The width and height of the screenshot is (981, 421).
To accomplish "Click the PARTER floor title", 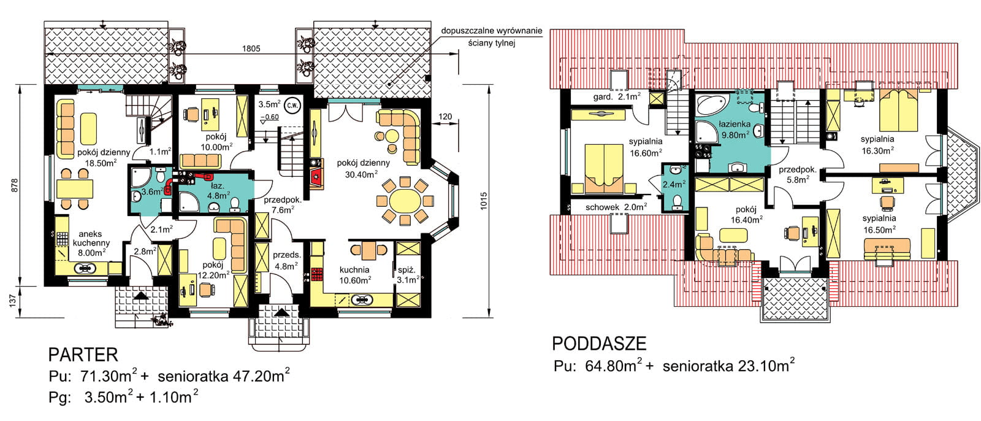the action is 83,354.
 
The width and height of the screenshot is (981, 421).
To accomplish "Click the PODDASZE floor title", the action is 599,344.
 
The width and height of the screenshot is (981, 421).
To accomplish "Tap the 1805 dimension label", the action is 251,48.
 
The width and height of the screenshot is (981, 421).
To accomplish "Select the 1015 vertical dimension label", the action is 484,201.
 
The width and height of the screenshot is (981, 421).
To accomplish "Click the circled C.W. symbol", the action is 292,106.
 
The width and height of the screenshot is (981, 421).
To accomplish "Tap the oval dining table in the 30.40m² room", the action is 405,201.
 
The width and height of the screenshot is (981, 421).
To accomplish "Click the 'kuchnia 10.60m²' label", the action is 355,275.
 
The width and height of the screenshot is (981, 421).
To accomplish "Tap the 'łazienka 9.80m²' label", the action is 735,129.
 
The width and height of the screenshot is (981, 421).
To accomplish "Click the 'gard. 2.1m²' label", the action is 617,96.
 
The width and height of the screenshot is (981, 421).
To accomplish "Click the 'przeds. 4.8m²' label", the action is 287,260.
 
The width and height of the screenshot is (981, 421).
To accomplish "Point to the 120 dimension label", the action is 445,117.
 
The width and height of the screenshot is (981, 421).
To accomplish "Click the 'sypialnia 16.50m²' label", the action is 879,223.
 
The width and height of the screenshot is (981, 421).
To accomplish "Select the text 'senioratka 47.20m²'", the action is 223,376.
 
